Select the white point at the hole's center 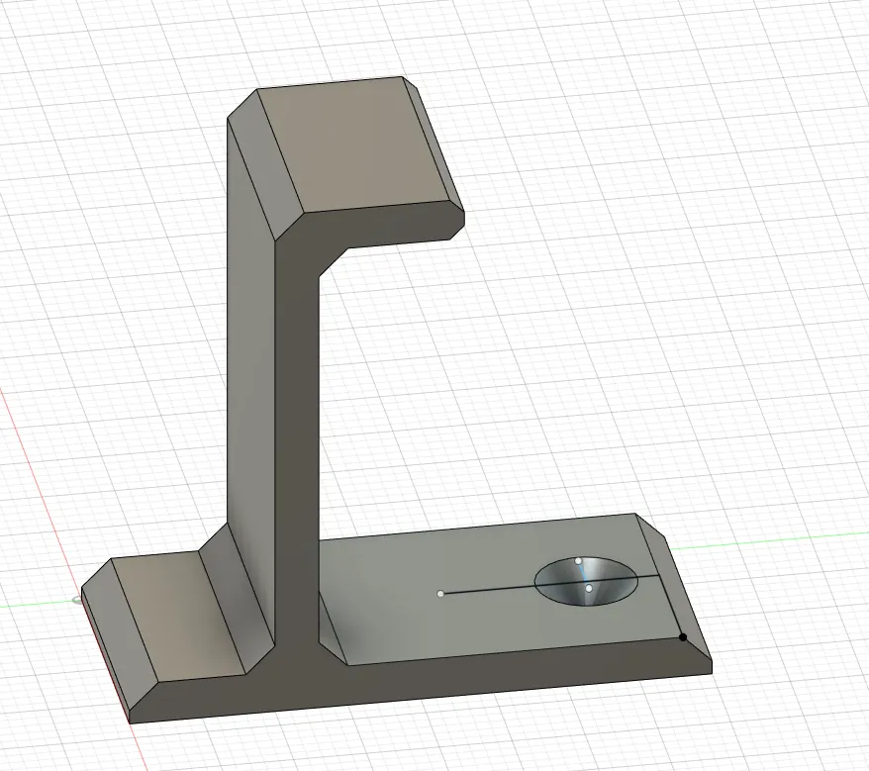pyautogui.click(x=589, y=589)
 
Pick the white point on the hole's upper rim pyautogui.click(x=578, y=561)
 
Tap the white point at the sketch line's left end pyautogui.click(x=440, y=594)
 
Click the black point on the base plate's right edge pyautogui.click(x=683, y=637)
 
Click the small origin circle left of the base pyautogui.click(x=77, y=599)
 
